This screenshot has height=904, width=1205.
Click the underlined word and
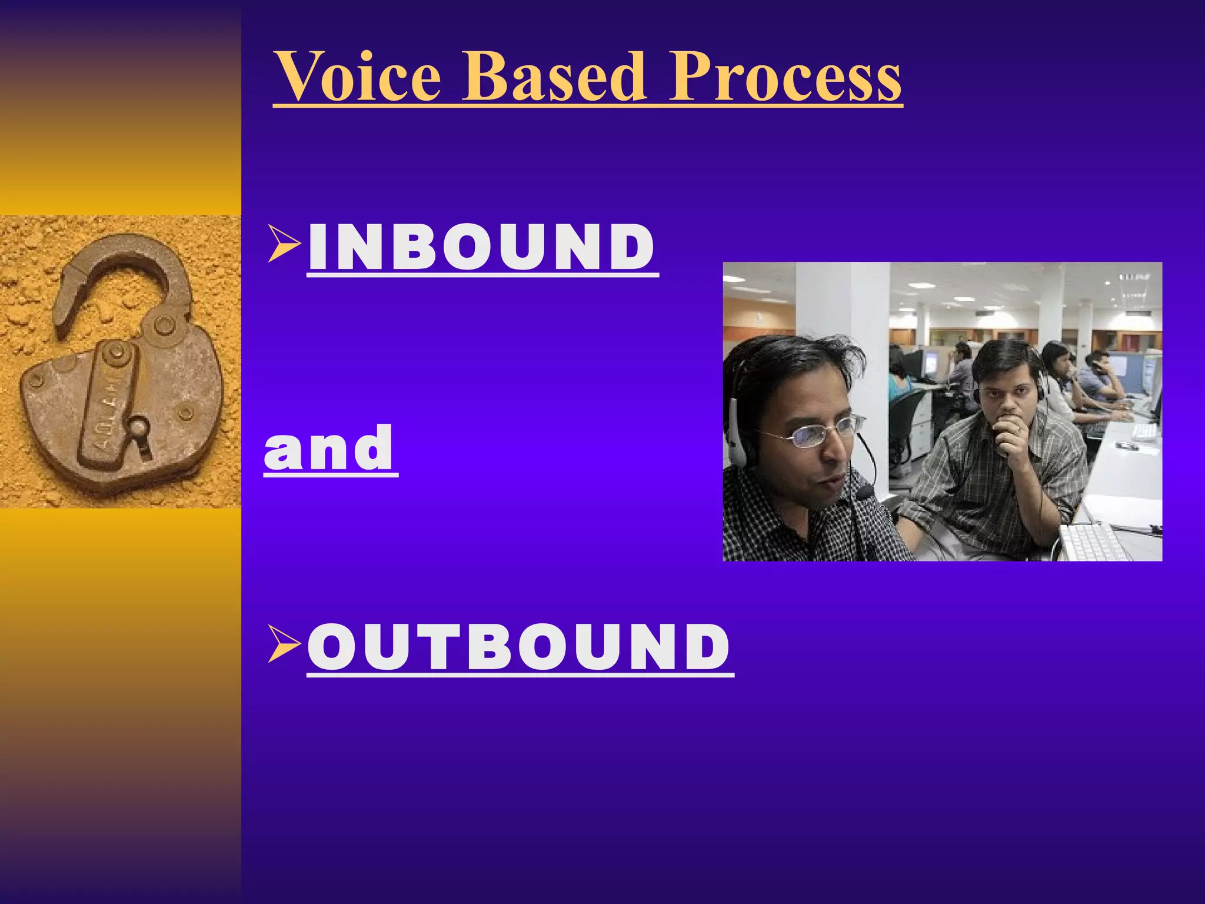(x=329, y=448)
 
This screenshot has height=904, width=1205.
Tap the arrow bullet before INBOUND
(x=284, y=243)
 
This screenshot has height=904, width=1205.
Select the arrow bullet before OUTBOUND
(x=284, y=643)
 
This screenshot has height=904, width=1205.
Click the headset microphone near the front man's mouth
(x=865, y=491)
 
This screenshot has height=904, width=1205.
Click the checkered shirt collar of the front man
(x=765, y=488)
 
